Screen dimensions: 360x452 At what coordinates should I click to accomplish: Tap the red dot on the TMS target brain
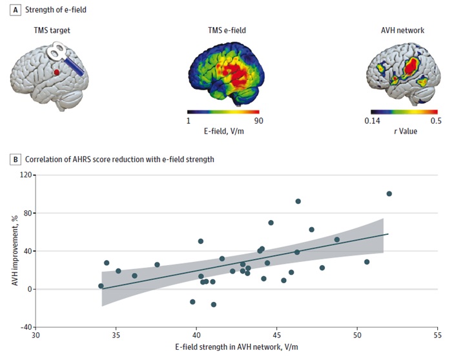[x=57, y=73]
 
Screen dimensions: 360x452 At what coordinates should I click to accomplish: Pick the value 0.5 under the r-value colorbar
[x=436, y=121]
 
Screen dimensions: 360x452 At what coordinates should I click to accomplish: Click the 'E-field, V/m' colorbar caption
[x=223, y=131]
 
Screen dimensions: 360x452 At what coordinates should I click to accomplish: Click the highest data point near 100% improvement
[x=389, y=194]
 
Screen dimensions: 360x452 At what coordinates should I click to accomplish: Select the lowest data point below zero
[x=213, y=305]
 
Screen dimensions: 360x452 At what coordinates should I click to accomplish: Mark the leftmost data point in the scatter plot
[x=101, y=286]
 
